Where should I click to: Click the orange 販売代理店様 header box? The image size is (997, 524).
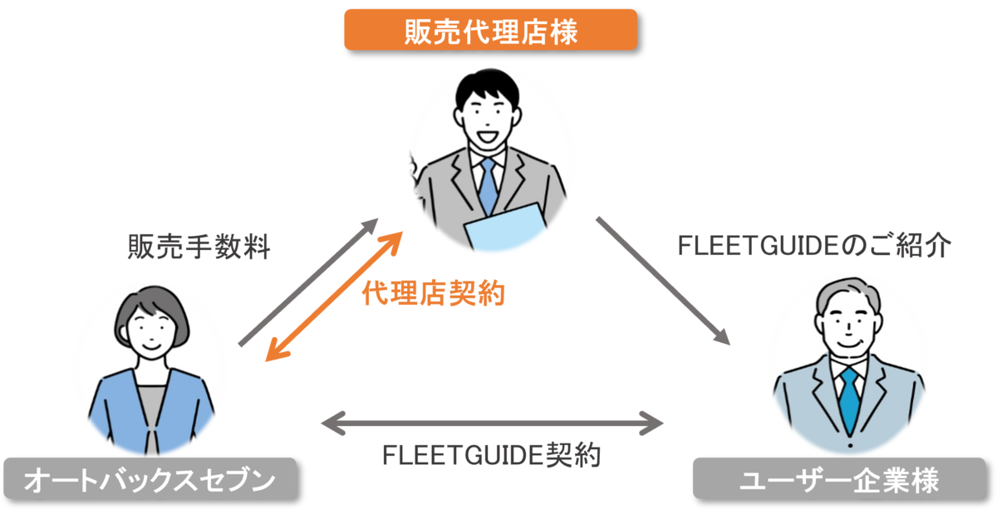click(x=490, y=30)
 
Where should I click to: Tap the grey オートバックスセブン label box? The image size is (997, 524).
click(x=149, y=478)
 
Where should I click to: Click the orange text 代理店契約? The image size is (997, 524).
click(x=433, y=292)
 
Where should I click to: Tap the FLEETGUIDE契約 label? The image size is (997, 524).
click(x=491, y=455)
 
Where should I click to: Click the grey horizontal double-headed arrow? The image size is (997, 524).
click(x=492, y=424)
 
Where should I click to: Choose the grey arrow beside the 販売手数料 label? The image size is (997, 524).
click(x=308, y=282)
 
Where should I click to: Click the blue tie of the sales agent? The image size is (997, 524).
click(x=488, y=187)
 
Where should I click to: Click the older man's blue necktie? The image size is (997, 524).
click(x=848, y=399)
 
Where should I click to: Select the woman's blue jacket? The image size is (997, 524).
click(x=116, y=407)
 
